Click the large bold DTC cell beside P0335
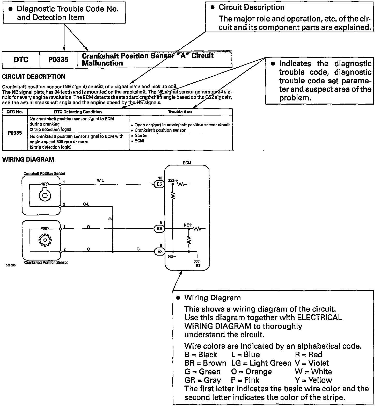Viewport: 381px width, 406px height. [x=21, y=60]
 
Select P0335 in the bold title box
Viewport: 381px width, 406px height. [x=58, y=60]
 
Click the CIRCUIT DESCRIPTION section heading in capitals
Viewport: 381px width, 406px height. [x=34, y=77]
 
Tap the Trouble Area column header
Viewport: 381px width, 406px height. [x=180, y=112]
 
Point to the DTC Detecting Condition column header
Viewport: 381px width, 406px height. [x=78, y=112]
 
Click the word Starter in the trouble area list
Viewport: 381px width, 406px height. [x=141, y=135]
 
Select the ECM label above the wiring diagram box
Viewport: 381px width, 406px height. [x=187, y=163]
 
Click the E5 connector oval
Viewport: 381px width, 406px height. [x=159, y=184]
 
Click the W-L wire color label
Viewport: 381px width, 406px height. [x=100, y=180]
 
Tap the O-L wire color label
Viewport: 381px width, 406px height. [x=86, y=204]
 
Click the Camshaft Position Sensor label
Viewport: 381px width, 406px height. [x=45, y=173]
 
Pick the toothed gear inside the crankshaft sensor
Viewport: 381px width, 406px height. [x=45, y=240]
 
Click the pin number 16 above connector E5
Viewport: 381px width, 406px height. [x=160, y=178]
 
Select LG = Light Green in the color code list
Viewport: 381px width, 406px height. [x=261, y=363]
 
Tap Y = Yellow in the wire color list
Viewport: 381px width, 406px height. [x=313, y=380]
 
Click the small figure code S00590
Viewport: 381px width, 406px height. [x=10, y=266]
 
